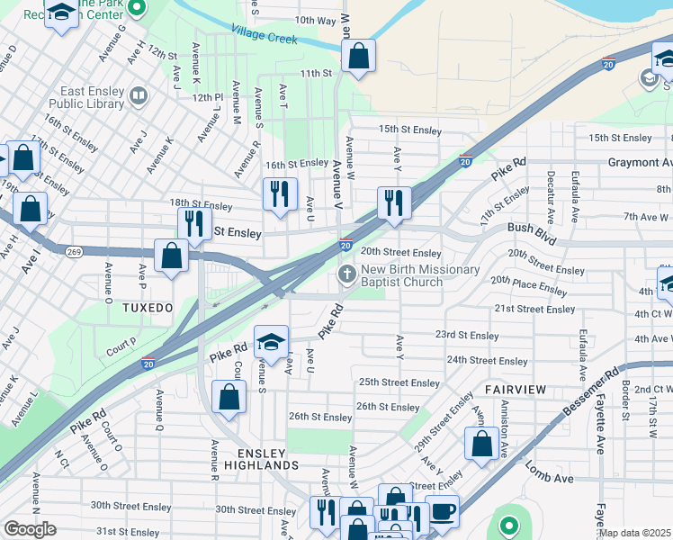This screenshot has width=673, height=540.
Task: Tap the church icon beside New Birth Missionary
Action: [x=346, y=273]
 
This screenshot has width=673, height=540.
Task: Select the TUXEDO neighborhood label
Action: [x=146, y=308]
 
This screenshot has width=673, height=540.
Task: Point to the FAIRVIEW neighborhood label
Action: [x=515, y=389]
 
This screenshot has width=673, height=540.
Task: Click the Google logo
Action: [x=30, y=529]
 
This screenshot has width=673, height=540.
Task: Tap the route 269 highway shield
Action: [x=73, y=252]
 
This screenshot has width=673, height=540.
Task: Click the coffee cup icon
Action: [x=442, y=510]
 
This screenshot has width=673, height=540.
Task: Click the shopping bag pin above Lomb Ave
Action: [x=481, y=442]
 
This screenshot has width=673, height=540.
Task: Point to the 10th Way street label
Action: [x=315, y=20]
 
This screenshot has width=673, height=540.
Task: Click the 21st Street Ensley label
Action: [x=534, y=309]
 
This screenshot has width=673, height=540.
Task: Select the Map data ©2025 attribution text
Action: [x=635, y=533]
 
